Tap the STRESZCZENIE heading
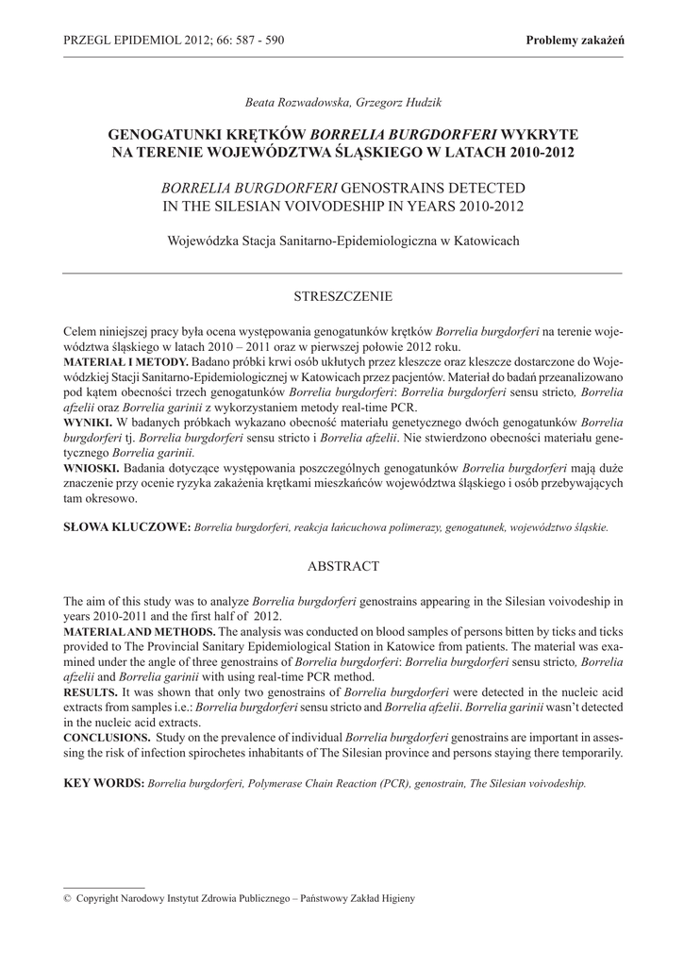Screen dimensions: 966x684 point(342,296)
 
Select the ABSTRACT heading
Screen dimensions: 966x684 point(342,566)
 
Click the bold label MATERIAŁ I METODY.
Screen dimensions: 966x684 point(125,361)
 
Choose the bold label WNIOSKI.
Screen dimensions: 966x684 point(91,467)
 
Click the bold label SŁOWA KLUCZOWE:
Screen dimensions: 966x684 point(126,527)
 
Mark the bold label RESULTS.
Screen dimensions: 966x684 point(91,691)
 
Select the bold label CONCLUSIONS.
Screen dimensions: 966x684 point(106,737)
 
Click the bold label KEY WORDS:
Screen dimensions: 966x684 point(103,783)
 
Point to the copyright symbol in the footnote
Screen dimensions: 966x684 point(67,899)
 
